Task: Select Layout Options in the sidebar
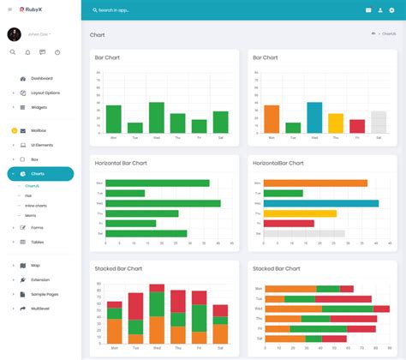coord(45,93)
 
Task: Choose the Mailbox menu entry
coord(39,130)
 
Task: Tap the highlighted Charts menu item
coord(38,174)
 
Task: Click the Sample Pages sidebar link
coord(45,294)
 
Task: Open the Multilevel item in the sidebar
coord(41,309)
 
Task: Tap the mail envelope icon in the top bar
coord(368,10)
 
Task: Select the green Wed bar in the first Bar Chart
coord(156,117)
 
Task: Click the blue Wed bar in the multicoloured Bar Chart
coord(314,117)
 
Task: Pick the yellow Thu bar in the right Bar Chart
coord(336,123)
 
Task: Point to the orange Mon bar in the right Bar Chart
coord(272,119)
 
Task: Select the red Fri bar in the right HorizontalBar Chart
coord(290,223)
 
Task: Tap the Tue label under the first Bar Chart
coord(134,137)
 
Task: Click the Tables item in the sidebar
coord(38,243)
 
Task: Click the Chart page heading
coord(98,35)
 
